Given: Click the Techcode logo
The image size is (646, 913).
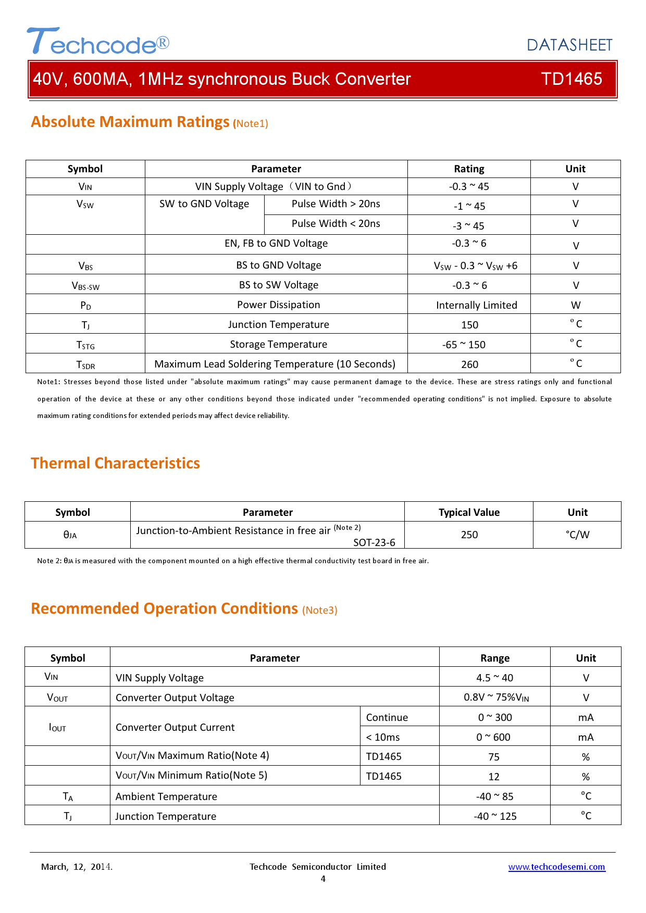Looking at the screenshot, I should click(x=98, y=42).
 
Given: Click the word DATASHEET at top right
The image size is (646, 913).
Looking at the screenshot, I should click(x=569, y=45).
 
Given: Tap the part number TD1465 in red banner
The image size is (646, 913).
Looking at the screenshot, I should click(x=571, y=79).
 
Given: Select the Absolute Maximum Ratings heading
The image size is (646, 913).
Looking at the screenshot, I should click(x=130, y=122).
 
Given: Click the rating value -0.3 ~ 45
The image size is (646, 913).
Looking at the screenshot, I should click(x=469, y=186).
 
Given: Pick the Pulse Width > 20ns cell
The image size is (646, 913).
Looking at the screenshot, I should click(x=336, y=204).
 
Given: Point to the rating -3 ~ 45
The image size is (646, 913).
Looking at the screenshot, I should click(x=468, y=226).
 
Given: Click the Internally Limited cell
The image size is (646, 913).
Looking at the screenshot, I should click(x=476, y=305).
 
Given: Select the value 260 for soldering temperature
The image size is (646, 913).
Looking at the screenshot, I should click(x=469, y=364).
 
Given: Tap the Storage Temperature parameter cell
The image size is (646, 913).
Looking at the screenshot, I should click(x=278, y=344).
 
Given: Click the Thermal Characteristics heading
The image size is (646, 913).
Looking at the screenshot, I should click(x=115, y=463).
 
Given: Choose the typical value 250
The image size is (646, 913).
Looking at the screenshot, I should click(x=469, y=535).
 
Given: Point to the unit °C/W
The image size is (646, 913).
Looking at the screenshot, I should click(x=577, y=535).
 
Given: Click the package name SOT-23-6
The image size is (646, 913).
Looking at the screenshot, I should click(x=374, y=542).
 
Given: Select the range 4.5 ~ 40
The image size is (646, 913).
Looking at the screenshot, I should click(x=494, y=678).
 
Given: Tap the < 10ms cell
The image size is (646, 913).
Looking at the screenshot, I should click(x=383, y=737).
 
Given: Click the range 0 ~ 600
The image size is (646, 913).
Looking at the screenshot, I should click(x=493, y=737).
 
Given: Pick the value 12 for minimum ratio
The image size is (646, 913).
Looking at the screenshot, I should click(x=494, y=777).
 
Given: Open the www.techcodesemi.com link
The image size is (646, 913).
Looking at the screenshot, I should click(x=556, y=867).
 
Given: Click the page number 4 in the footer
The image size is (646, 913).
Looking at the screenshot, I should click(x=323, y=879).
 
